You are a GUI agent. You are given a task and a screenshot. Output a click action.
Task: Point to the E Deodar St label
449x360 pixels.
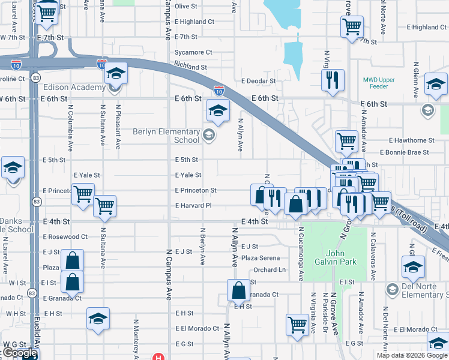point(258,81)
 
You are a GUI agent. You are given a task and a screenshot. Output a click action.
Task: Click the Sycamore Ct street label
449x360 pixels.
point(193,52)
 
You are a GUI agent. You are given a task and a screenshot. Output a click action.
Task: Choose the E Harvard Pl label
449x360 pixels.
point(193,206)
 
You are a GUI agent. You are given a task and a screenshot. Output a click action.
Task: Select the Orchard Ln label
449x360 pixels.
point(269,270)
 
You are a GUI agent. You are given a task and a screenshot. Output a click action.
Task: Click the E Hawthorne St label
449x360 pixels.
point(411,140)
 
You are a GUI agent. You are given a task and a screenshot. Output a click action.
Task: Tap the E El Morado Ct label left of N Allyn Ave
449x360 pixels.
point(197,329)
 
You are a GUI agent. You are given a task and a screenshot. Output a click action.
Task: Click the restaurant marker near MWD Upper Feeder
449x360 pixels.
point(333,80)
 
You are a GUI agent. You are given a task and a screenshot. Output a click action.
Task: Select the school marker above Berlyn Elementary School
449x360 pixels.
point(218,110)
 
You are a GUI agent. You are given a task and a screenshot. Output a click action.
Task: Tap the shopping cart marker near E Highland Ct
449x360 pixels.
point(352,27)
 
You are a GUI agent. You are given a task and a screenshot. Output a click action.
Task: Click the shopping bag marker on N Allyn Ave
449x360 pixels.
point(239,291)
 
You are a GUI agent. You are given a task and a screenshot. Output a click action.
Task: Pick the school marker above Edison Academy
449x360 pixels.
point(116,74)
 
